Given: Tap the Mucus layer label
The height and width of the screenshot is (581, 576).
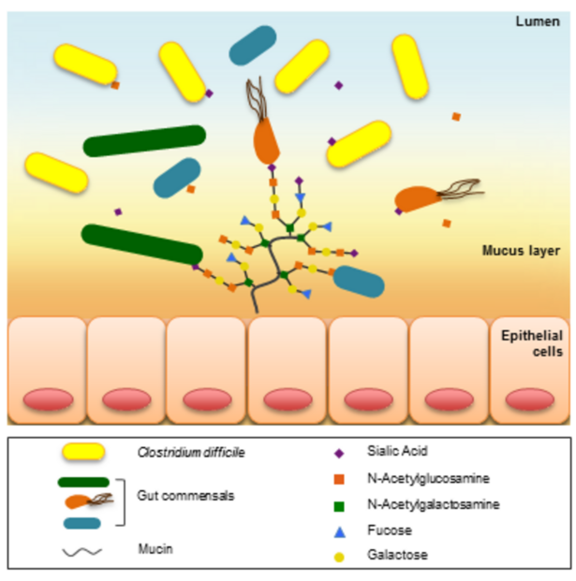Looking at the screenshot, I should click(520, 251).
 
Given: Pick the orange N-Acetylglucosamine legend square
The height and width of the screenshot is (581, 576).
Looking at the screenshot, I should click(338, 479).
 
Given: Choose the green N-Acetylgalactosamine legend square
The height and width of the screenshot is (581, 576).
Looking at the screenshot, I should click(338, 504).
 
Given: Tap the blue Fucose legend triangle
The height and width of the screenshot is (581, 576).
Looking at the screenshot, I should click(338, 530).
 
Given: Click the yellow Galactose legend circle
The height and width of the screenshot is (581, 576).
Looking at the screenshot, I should click(338, 555).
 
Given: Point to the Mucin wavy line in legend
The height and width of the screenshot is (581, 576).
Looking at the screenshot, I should click(82, 553).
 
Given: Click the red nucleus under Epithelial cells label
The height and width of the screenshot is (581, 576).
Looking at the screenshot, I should click(530, 400).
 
